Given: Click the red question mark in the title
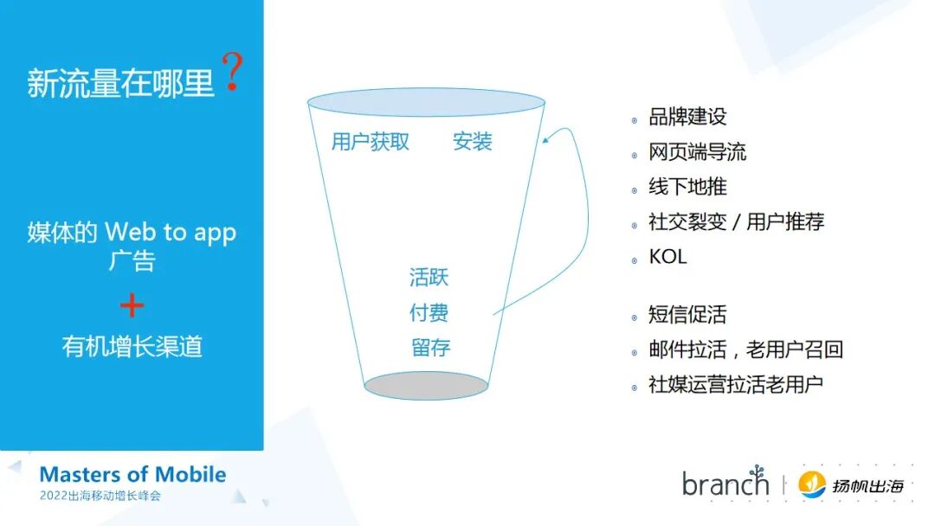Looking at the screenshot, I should click(x=231, y=73).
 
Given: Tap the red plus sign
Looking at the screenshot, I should click(x=132, y=306).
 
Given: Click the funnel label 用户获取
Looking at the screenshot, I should click(x=371, y=142).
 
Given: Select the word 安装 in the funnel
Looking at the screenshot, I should click(x=473, y=142).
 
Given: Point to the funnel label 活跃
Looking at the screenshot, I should click(x=429, y=278).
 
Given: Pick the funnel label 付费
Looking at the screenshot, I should click(x=429, y=312).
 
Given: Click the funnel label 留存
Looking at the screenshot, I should click(x=430, y=348).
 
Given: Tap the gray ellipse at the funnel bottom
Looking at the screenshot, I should click(x=426, y=386).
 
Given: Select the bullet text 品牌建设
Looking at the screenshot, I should click(x=688, y=117).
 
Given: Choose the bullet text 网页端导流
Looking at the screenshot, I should click(x=697, y=152).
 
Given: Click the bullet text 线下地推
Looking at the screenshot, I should click(x=688, y=187).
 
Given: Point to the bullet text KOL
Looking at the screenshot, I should click(x=667, y=257).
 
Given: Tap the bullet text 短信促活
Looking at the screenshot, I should click(x=688, y=315).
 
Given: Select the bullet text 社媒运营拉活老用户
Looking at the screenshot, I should click(x=735, y=385).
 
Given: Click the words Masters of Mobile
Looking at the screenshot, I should click(x=132, y=474).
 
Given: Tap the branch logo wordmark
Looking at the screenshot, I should click(x=725, y=483).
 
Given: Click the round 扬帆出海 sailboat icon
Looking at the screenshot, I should click(x=812, y=484).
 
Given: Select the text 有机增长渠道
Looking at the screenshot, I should click(x=132, y=346).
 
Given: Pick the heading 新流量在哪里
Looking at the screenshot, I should click(x=120, y=84).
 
